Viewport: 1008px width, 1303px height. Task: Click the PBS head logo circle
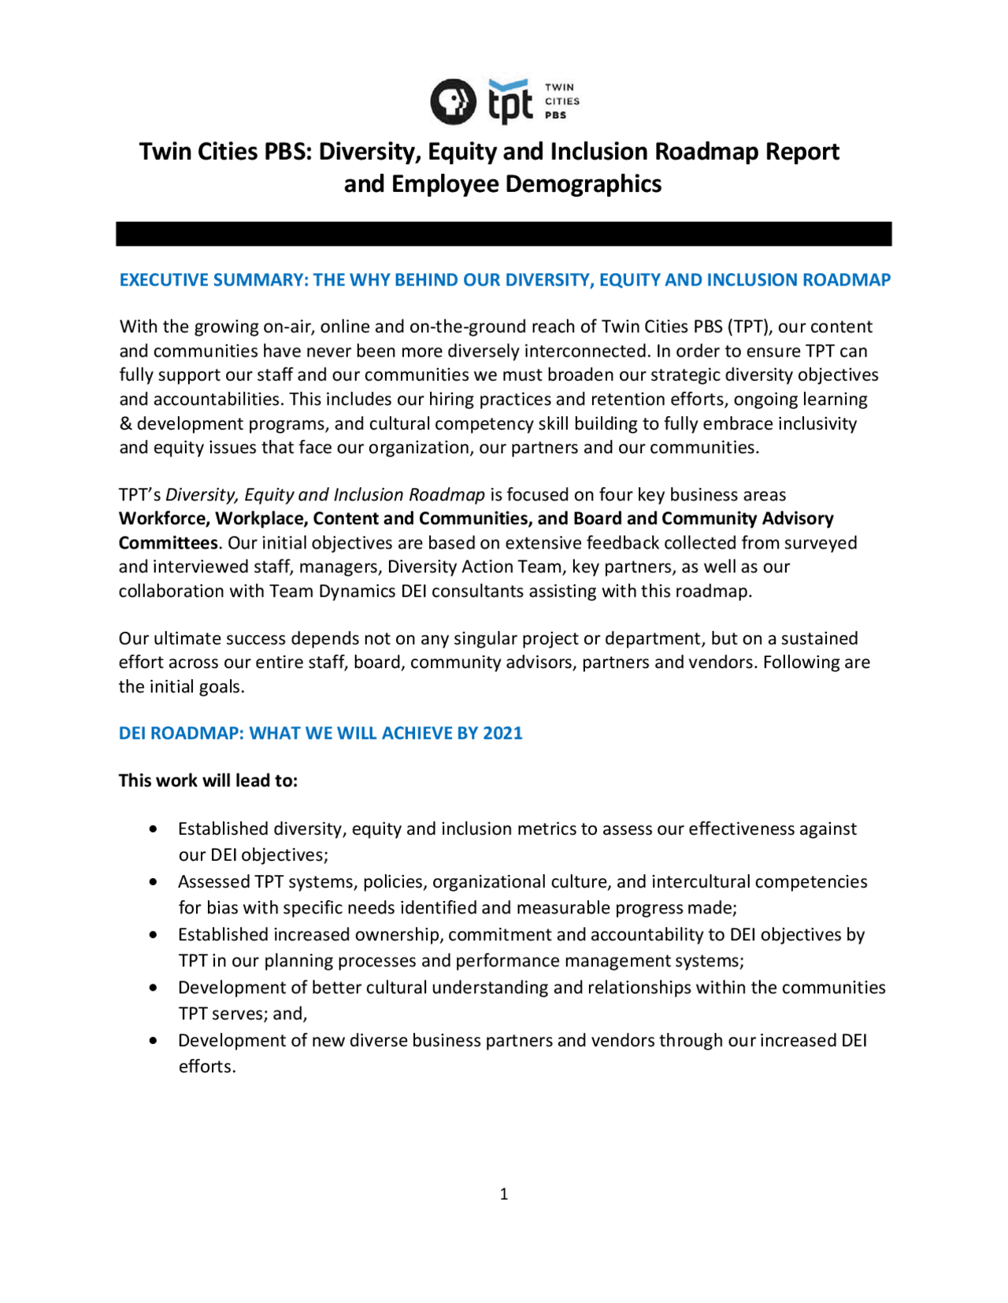coord(453,102)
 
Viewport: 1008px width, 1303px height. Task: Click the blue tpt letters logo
coord(510,102)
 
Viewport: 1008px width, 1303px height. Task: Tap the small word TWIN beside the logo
coord(559,87)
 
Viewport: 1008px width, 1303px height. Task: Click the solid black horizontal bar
coord(503,234)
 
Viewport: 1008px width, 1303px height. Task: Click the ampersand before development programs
coord(125,424)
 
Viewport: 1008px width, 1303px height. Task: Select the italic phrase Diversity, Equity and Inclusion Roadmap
coord(324,495)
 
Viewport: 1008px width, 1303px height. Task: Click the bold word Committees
coord(168,543)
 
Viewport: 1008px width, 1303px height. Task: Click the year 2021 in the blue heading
coord(502,733)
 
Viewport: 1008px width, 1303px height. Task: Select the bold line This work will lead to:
coord(208,781)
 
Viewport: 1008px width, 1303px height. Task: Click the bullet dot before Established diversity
coord(153,829)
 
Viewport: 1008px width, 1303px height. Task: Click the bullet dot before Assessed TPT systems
coord(153,882)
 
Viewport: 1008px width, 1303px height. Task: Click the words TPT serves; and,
coord(243,1014)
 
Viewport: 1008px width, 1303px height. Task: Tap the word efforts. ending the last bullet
coord(207,1067)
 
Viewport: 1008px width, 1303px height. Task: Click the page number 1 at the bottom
coord(504,1194)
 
